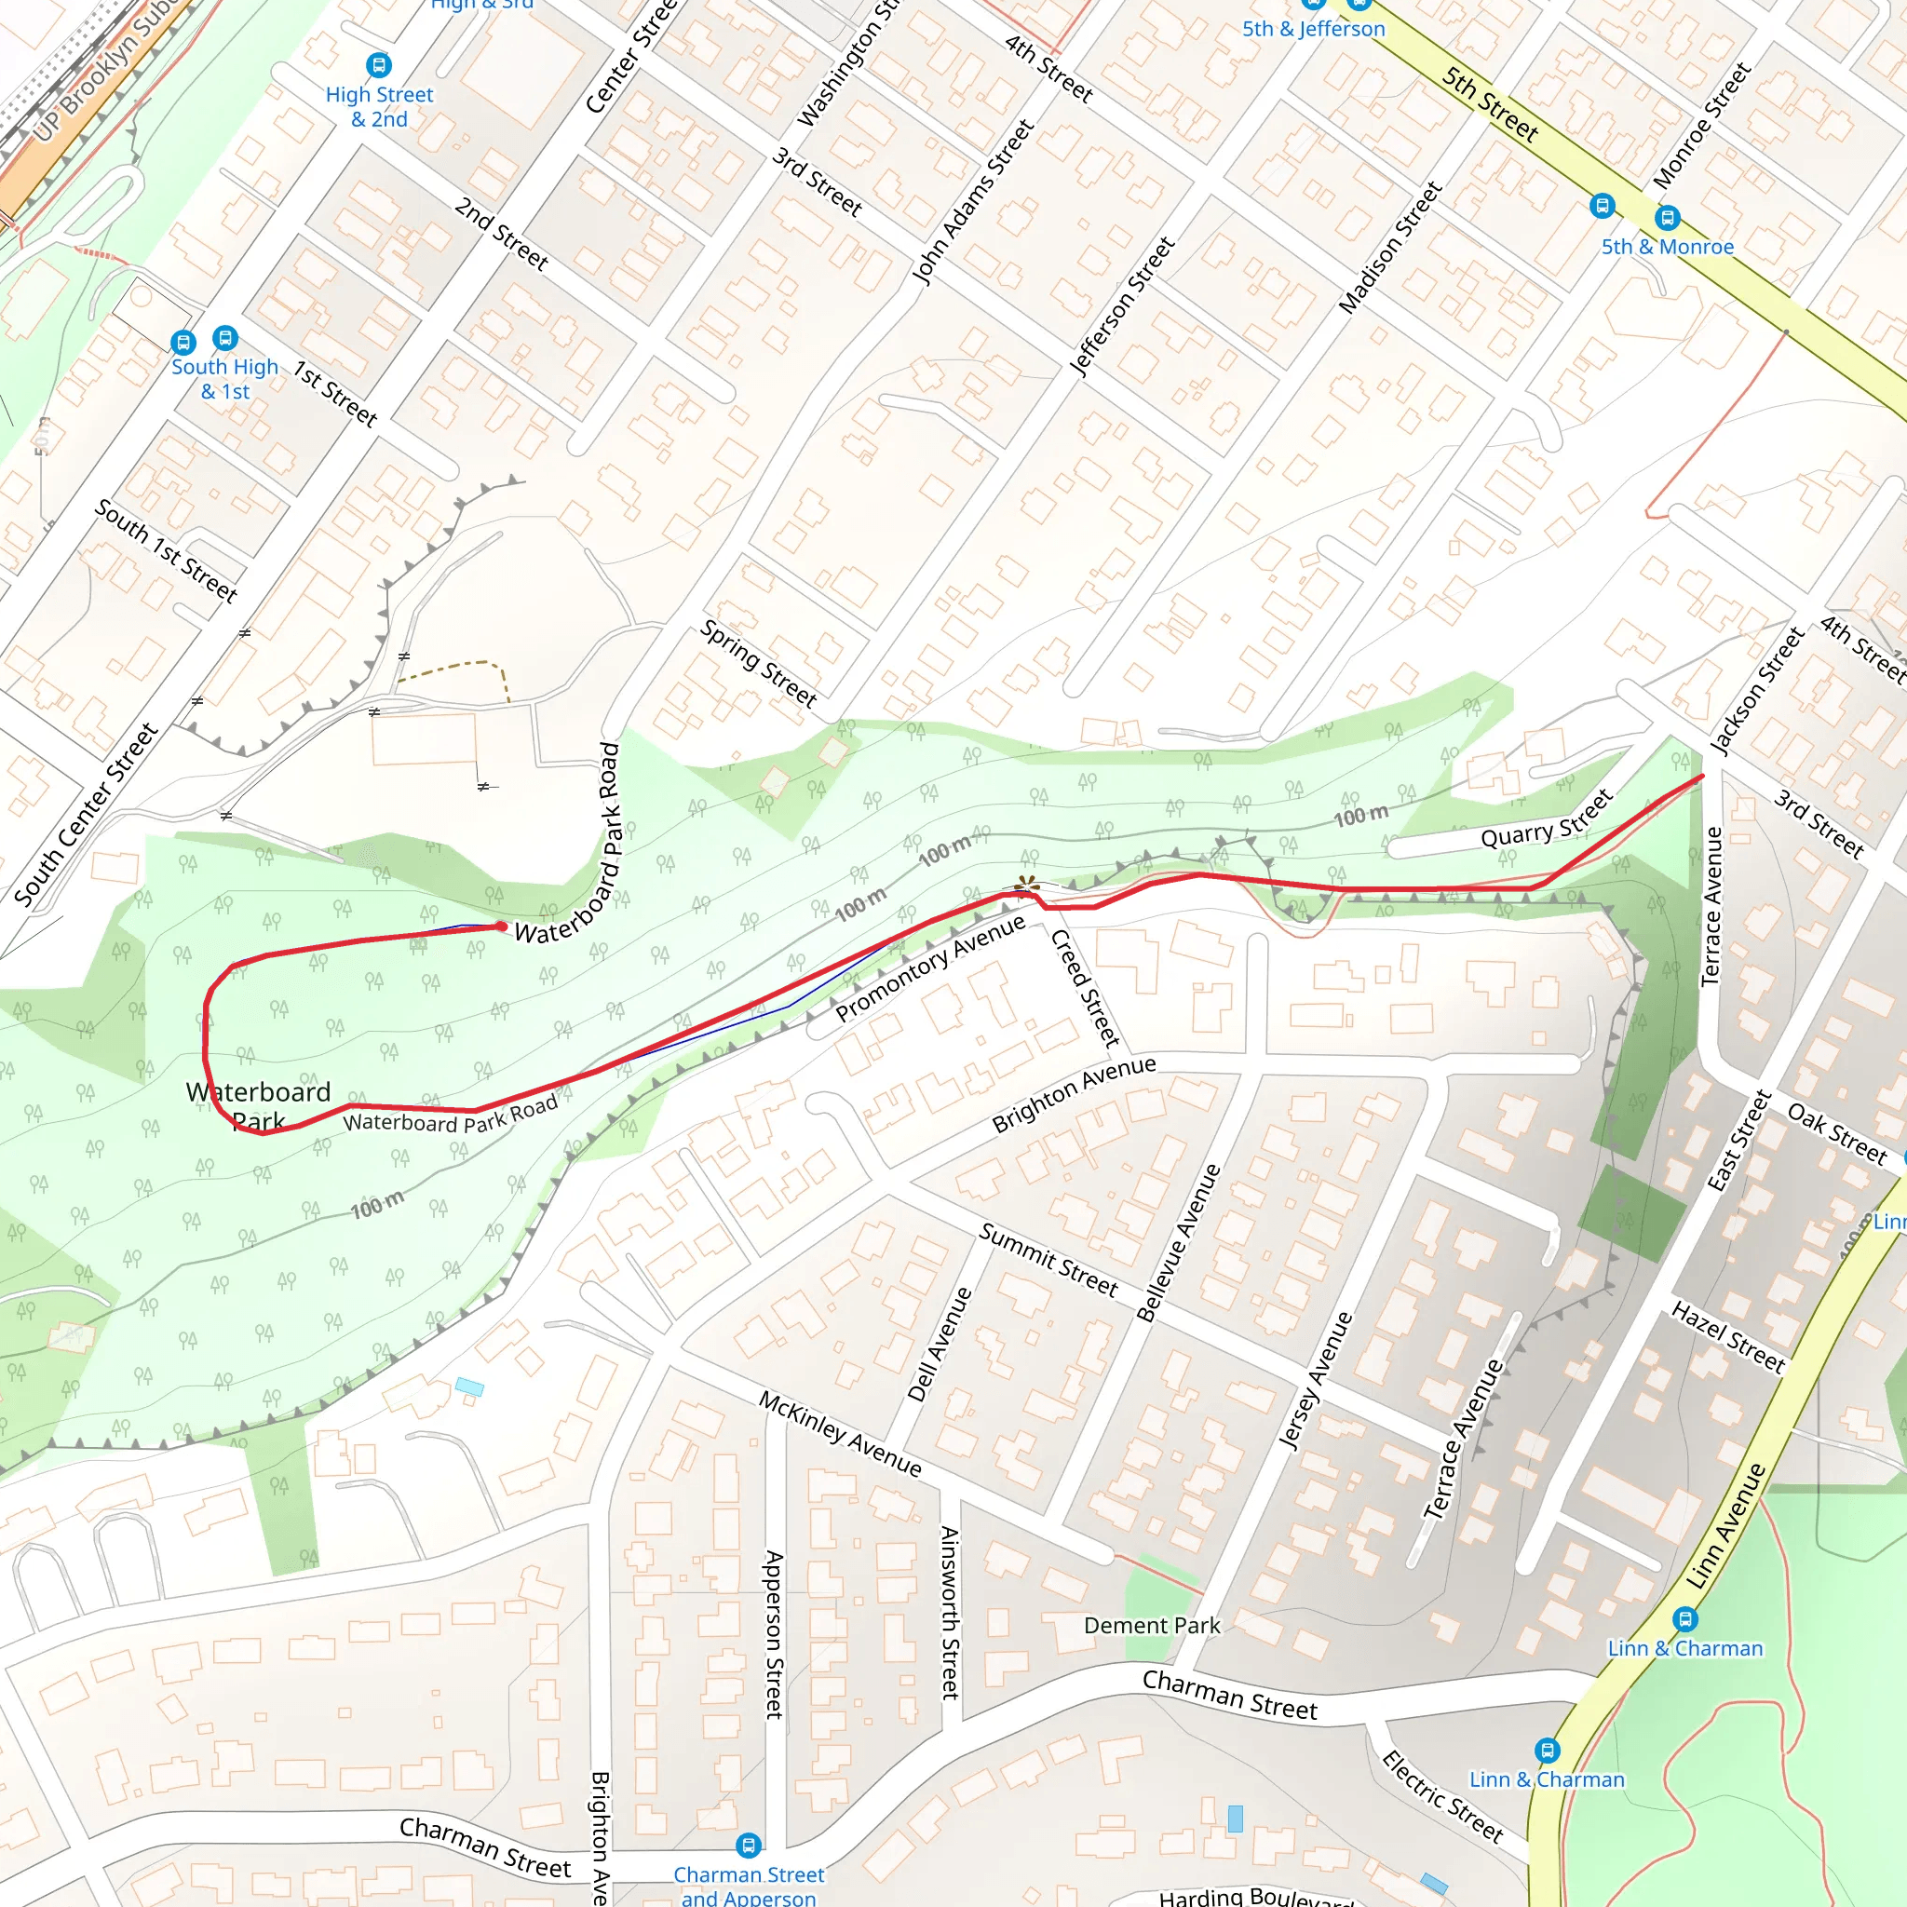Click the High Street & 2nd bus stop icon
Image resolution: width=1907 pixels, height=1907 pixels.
click(378, 65)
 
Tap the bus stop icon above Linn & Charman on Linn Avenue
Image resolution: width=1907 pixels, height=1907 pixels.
click(1684, 1618)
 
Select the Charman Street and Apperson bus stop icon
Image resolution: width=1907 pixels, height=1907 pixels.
click(749, 1844)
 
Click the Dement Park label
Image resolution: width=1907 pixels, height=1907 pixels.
click(1151, 1626)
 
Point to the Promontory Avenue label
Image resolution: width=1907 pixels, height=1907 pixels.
click(930, 968)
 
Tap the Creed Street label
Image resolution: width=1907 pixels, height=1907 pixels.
click(1085, 988)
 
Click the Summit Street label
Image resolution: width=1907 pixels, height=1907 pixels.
click(1048, 1260)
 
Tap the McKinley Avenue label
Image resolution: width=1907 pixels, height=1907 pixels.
click(840, 1433)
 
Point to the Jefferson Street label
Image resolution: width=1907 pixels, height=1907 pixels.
click(1122, 306)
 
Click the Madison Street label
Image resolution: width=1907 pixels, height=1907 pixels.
click(1390, 248)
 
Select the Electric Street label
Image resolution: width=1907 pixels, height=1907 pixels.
click(1441, 1796)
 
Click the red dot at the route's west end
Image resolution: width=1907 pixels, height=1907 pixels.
click(502, 926)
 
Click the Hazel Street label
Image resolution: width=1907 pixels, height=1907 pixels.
click(1728, 1336)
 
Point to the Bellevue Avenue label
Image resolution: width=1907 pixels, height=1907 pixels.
click(1179, 1243)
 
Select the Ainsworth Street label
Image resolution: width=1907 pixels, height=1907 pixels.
click(950, 1612)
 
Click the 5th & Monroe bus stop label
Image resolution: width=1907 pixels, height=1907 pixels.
click(1667, 247)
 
